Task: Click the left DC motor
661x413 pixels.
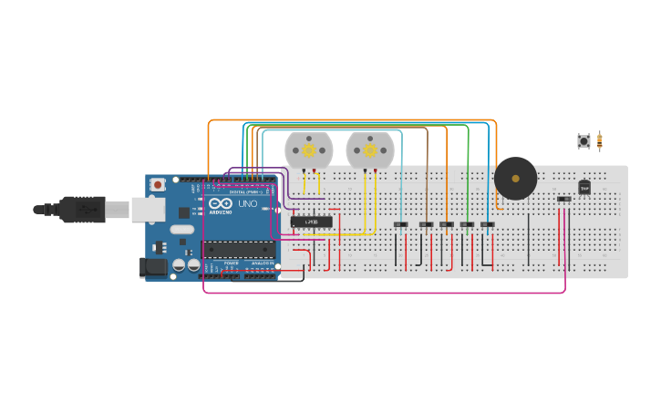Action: pos(308,150)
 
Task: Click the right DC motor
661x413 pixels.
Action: pos(370,150)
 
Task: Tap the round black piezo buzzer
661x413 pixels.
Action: pos(515,178)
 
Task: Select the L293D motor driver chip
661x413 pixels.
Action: pos(311,222)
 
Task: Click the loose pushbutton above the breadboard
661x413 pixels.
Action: pos(584,140)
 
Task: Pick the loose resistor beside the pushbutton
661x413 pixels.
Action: pos(599,140)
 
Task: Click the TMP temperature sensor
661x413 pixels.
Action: pos(584,187)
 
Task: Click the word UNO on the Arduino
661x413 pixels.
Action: pos(247,204)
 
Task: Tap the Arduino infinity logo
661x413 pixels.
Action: pos(221,203)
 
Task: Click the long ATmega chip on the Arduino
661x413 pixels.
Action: pos(239,249)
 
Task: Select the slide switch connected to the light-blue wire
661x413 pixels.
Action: pos(400,224)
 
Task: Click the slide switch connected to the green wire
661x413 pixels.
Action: pos(467,224)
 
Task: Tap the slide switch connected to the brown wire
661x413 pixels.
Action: pos(425,224)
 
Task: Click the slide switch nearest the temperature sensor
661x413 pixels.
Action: pos(564,199)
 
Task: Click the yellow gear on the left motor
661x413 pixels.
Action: pos(308,150)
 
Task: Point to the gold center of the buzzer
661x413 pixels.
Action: pos(515,178)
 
